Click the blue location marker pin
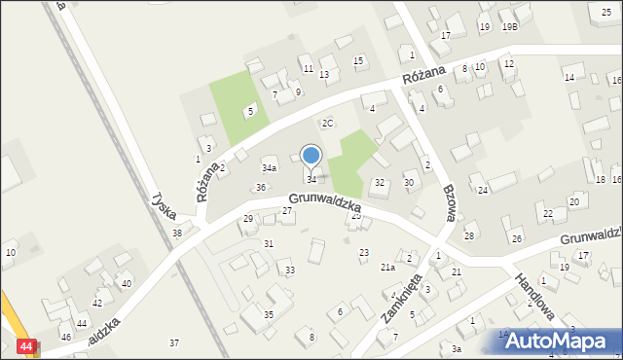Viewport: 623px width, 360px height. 311,156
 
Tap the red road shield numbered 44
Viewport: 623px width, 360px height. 27,346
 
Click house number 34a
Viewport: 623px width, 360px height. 270,168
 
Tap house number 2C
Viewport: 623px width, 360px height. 328,123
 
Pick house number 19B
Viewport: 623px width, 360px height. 509,27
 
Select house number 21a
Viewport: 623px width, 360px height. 387,267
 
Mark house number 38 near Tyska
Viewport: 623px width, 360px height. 177,234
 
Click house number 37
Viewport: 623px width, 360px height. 174,342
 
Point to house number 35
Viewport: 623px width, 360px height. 269,315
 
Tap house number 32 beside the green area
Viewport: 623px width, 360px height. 380,183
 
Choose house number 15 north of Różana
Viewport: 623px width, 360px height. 358,61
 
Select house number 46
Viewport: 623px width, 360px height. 66,337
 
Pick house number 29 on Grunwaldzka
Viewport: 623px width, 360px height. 248,219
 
